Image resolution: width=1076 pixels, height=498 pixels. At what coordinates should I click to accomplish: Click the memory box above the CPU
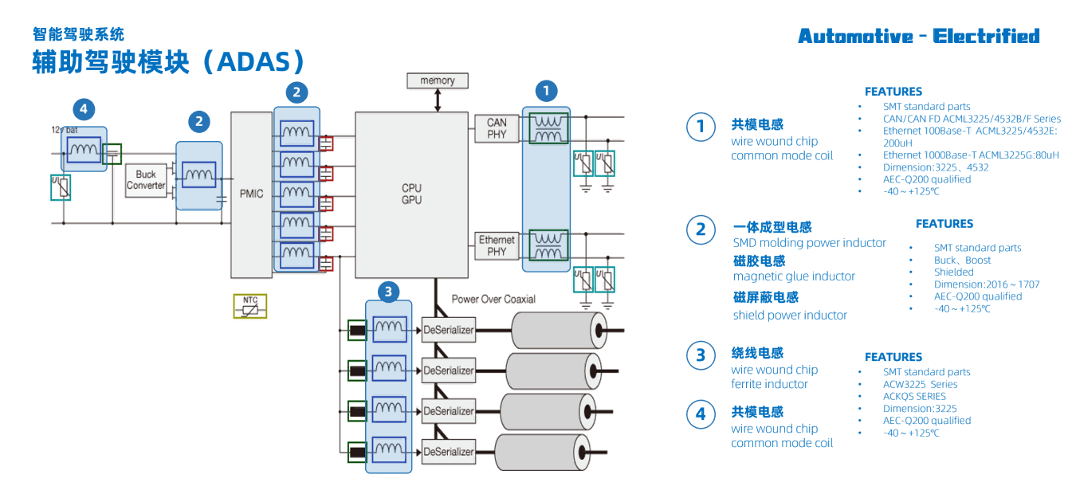click(x=437, y=80)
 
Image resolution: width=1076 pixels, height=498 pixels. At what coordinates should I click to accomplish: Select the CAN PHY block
click(x=497, y=128)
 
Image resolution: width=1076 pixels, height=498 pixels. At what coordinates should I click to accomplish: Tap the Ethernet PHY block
click(x=497, y=245)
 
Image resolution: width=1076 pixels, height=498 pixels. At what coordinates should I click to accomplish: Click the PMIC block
click(x=251, y=194)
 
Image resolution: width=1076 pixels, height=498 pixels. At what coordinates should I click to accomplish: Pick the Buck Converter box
click(x=146, y=180)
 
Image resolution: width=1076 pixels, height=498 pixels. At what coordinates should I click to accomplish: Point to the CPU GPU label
click(x=411, y=194)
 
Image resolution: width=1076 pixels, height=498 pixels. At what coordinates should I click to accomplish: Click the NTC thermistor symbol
click(x=250, y=306)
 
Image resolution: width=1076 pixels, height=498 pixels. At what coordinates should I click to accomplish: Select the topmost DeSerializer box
click(x=448, y=329)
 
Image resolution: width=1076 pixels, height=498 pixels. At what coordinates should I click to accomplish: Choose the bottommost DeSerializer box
click(x=448, y=452)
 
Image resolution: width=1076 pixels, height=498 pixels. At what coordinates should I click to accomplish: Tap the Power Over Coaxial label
click(x=493, y=299)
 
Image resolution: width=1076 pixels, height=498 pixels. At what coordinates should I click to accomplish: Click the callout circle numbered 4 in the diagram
click(x=84, y=108)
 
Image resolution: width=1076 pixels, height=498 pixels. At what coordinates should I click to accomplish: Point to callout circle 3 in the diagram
click(x=388, y=292)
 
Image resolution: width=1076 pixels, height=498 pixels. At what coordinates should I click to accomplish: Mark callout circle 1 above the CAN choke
click(x=546, y=91)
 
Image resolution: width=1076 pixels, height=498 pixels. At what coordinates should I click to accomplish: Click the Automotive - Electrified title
click(x=918, y=36)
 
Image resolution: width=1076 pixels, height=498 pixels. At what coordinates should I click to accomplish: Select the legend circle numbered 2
click(x=701, y=229)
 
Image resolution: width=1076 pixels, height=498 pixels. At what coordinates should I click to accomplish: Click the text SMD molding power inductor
click(x=809, y=243)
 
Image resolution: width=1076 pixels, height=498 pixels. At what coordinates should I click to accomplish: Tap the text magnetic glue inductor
click(x=794, y=276)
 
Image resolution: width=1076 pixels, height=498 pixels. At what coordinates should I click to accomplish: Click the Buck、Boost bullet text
click(x=962, y=260)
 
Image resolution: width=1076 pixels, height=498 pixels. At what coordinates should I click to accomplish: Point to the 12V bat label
click(x=63, y=129)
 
